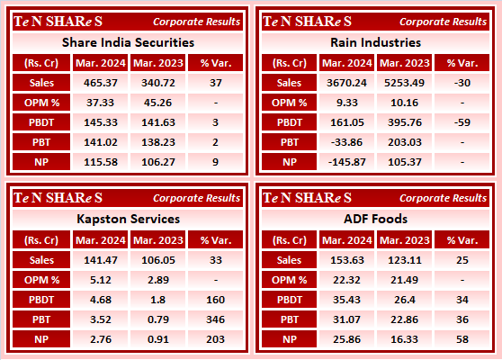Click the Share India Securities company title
click(x=128, y=42)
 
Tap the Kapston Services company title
click(x=128, y=219)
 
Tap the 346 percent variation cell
click(x=215, y=318)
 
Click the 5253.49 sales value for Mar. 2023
click(x=403, y=82)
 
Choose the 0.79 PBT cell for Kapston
click(x=156, y=318)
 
